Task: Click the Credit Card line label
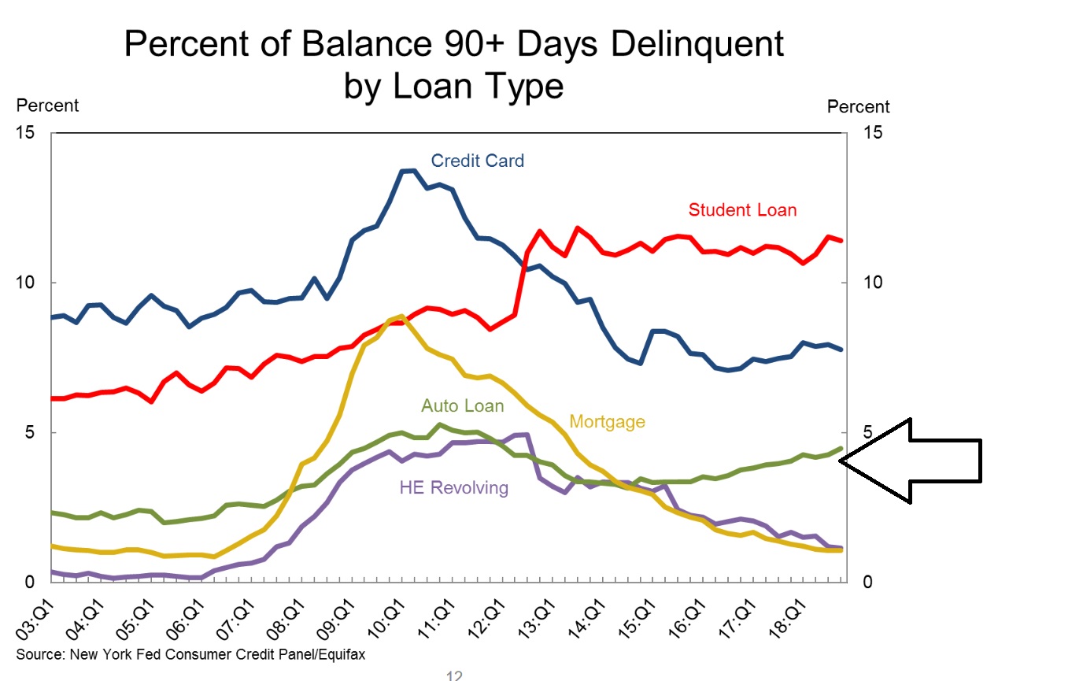click(x=477, y=161)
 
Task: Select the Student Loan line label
click(x=742, y=210)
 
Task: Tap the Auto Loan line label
click(x=462, y=406)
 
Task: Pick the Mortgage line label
click(x=607, y=422)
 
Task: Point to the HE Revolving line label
click(x=453, y=488)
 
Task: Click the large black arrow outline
click(x=913, y=461)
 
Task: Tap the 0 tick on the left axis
click(x=30, y=583)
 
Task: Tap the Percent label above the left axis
click(x=47, y=105)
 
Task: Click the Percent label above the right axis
click(x=858, y=107)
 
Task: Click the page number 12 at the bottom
click(x=453, y=675)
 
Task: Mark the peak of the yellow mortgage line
click(x=401, y=316)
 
